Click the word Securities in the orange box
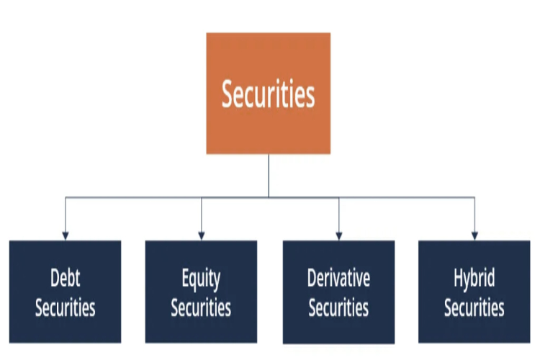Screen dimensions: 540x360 (268, 94)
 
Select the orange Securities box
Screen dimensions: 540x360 (269, 94)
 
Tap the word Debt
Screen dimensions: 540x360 (65, 278)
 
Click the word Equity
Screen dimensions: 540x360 (201, 280)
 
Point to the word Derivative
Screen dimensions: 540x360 (338, 278)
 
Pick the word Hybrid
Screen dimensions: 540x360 (474, 279)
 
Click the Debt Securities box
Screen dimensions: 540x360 (65, 292)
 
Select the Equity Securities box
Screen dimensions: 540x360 (201, 292)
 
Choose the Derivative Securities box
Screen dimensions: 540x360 (338, 292)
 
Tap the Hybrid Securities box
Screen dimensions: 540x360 (474, 292)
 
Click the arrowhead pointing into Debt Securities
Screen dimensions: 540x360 (66, 236)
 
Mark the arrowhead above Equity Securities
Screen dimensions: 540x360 (202, 236)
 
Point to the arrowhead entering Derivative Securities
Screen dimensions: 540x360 (339, 236)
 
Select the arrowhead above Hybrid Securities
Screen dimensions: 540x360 (474, 236)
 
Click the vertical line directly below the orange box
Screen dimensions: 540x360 (269, 176)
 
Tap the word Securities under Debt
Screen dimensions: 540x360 (65, 307)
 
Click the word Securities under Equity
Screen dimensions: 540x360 (201, 307)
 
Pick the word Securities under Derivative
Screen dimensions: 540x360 (338, 307)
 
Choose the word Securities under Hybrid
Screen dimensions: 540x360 (474, 307)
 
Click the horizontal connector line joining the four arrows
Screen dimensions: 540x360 (270, 197)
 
